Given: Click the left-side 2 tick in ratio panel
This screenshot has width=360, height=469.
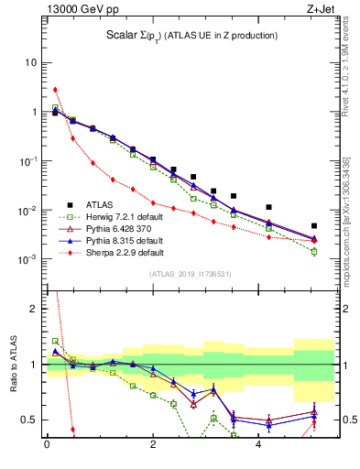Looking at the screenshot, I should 32,310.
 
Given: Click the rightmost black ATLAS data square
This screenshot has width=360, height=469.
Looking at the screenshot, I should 314,225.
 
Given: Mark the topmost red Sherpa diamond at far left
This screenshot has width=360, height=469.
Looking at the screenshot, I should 55,90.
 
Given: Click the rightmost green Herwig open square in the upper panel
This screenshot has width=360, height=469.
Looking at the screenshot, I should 314,251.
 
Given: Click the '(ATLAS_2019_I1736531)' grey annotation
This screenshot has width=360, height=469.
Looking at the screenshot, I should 191,274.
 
